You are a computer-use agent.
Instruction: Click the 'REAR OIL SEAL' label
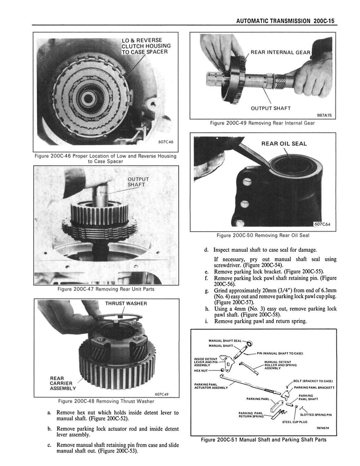click(x=284, y=144)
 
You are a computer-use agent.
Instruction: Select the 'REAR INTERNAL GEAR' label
click(x=280, y=52)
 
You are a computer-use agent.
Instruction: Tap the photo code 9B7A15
click(x=321, y=115)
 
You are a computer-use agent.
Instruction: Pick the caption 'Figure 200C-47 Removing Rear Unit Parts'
click(x=106, y=289)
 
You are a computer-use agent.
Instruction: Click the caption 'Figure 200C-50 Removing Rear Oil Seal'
click(x=263, y=235)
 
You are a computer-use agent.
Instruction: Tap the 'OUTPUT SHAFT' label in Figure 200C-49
click(x=271, y=108)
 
